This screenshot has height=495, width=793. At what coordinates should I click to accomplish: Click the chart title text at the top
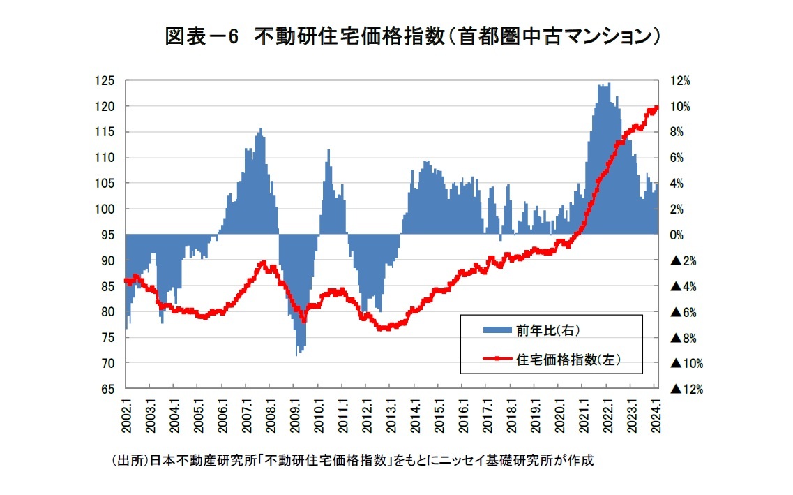[x=411, y=36]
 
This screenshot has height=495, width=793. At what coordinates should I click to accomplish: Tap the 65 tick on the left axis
[x=106, y=390]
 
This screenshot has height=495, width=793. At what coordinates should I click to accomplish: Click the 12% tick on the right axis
[x=681, y=81]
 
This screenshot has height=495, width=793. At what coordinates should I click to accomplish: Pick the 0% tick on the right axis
[x=678, y=235]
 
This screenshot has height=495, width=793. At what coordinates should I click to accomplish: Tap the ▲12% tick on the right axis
[x=686, y=390]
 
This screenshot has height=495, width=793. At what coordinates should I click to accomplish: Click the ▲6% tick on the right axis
[x=684, y=312]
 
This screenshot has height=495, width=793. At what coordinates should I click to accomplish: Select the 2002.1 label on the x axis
[x=127, y=417]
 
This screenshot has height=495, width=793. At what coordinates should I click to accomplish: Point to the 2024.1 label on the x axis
[x=656, y=417]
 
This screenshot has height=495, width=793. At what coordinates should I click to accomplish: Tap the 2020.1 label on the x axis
[x=560, y=417]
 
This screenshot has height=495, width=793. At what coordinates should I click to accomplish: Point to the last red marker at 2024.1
[x=656, y=107]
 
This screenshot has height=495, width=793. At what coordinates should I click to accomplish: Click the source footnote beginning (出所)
[x=353, y=461]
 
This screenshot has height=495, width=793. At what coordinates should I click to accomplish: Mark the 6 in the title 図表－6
[x=232, y=37]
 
